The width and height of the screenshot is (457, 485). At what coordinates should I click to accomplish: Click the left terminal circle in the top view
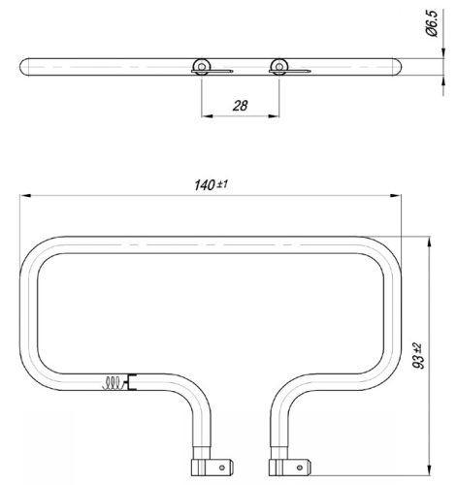coord(202,65)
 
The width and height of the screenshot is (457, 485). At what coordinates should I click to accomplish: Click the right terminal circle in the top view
coord(278,65)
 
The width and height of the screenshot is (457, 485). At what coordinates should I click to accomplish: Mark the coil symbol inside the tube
coord(114,381)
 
